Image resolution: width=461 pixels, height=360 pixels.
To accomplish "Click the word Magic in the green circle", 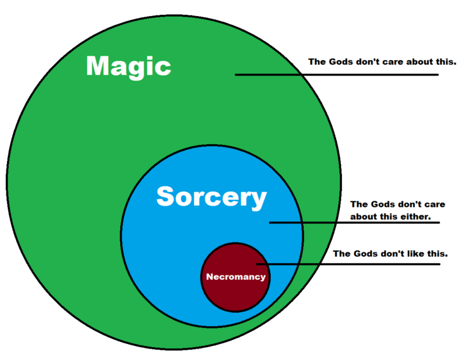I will click(x=128, y=66).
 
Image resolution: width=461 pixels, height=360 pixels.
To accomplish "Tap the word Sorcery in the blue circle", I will click(x=211, y=197).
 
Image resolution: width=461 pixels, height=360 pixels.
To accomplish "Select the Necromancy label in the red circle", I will click(x=235, y=277).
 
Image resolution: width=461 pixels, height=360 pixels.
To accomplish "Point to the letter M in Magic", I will click(x=100, y=66).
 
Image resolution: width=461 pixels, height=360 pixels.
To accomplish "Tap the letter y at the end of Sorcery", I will click(x=258, y=200).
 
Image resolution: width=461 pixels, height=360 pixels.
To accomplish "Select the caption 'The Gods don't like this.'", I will click(x=390, y=254).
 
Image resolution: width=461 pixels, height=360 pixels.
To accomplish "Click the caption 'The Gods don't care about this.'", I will click(x=382, y=62).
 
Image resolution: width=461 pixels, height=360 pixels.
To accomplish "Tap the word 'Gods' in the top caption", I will click(x=343, y=62).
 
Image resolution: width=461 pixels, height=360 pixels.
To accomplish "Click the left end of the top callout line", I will click(x=236, y=75).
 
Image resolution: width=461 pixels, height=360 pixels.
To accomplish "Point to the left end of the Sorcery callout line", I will click(x=270, y=223).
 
